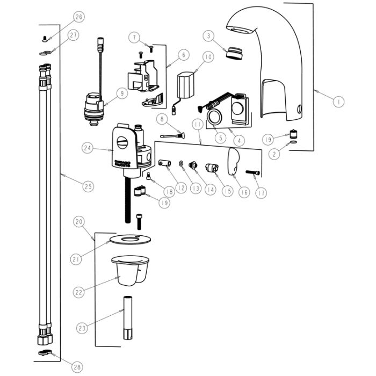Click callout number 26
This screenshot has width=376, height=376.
point(78,17)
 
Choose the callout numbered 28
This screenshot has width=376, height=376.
point(77,367)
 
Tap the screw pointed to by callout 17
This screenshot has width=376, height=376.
point(254,172)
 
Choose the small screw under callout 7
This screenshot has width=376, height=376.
point(140,54)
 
